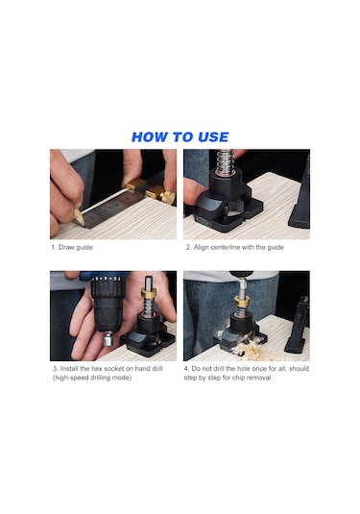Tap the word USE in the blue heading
tap(213, 137)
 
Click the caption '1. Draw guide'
tap(72, 247)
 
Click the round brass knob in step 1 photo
tap(167, 197)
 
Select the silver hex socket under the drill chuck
tap(108, 339)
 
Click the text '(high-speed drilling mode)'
tap(92, 378)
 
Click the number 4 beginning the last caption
tap(186, 369)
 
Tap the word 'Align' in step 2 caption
tap(201, 247)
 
